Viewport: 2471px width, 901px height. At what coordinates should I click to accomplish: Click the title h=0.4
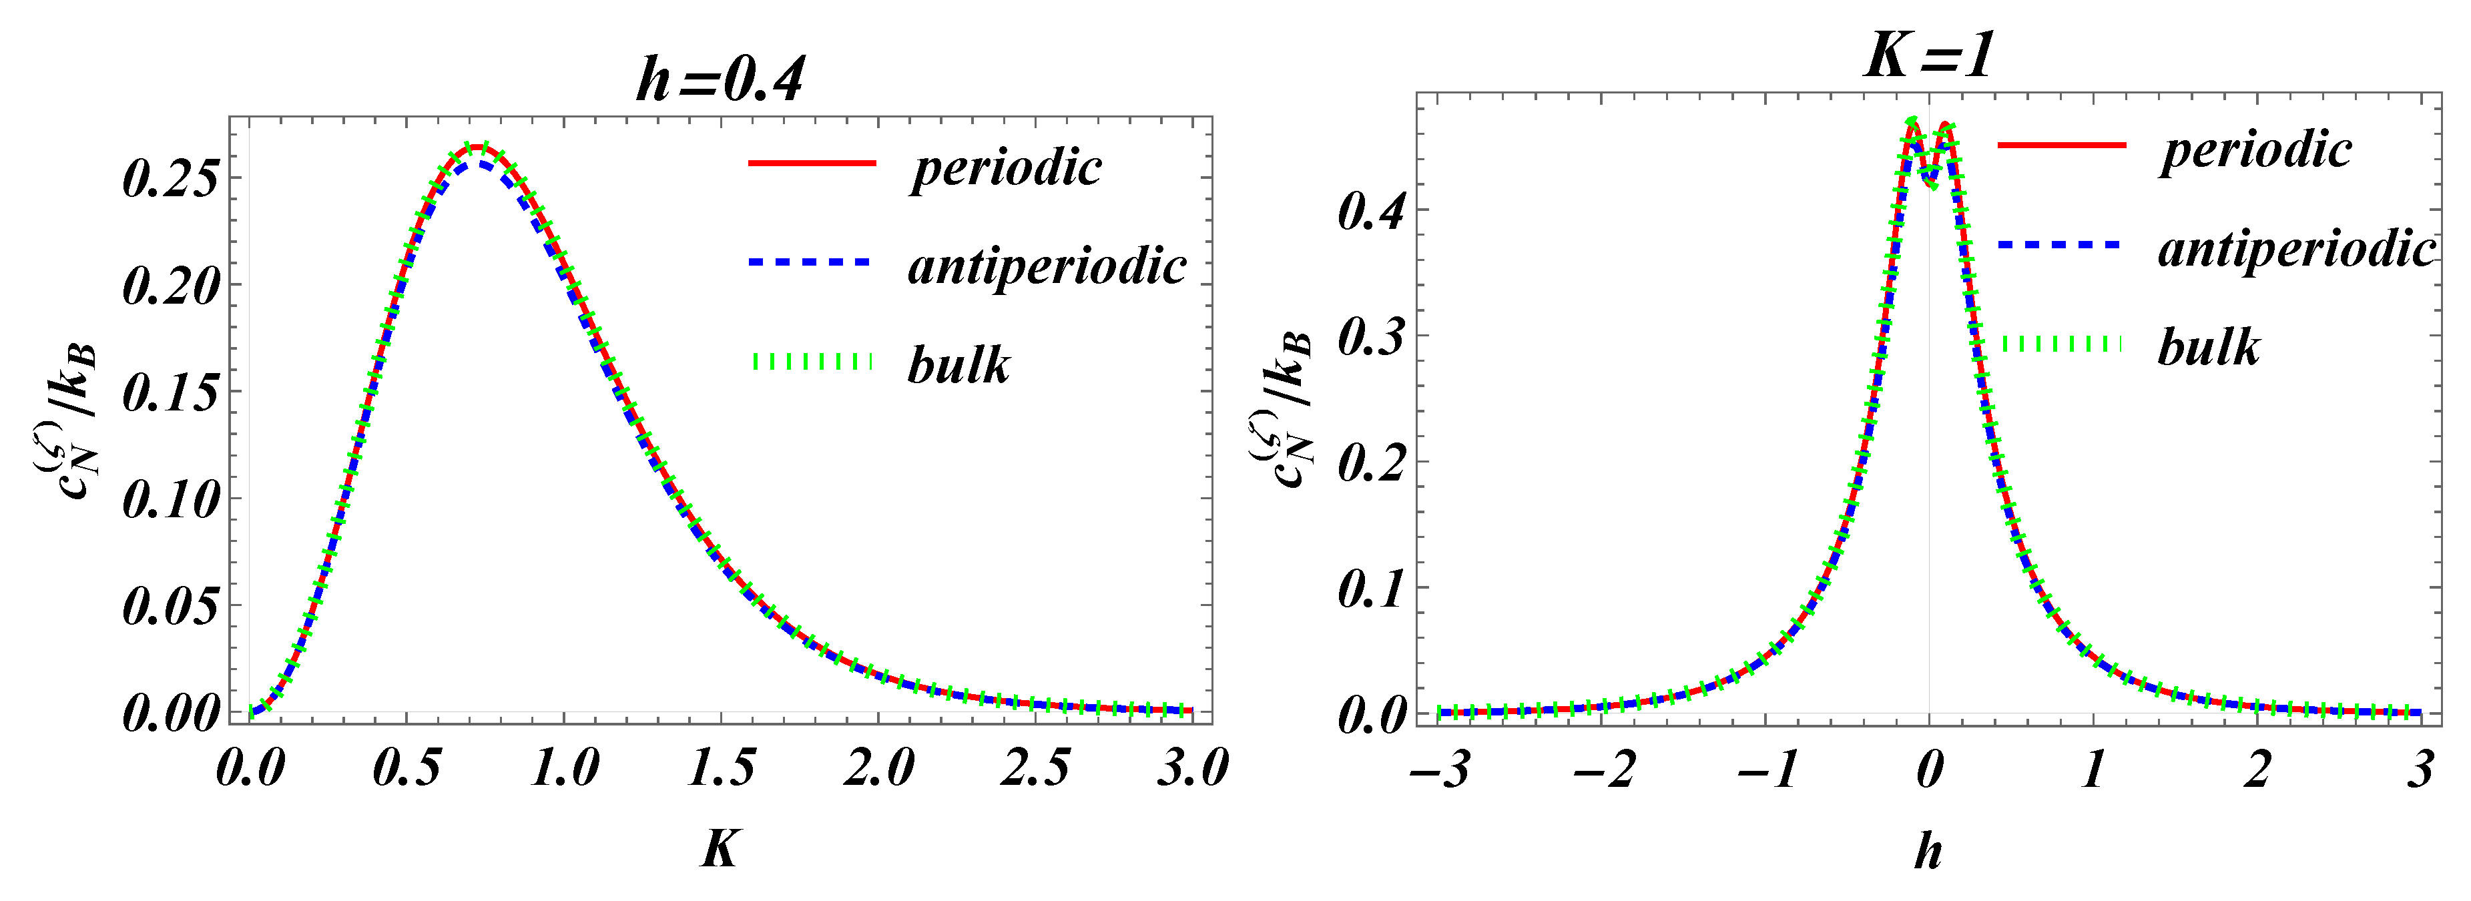(x=720, y=79)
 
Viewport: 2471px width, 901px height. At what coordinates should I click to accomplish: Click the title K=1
(x=1929, y=55)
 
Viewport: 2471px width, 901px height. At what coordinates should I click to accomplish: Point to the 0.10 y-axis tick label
(x=171, y=500)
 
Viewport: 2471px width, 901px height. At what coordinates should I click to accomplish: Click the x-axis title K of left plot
(x=720, y=848)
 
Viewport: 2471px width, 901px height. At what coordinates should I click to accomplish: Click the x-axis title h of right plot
(x=1928, y=850)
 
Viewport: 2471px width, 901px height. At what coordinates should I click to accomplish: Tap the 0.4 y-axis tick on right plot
(x=1372, y=211)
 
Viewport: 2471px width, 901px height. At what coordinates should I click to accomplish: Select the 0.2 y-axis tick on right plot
(x=1372, y=463)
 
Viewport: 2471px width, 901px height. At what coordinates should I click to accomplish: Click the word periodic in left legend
(x=1007, y=168)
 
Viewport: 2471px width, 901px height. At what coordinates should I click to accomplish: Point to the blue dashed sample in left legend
(x=810, y=262)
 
